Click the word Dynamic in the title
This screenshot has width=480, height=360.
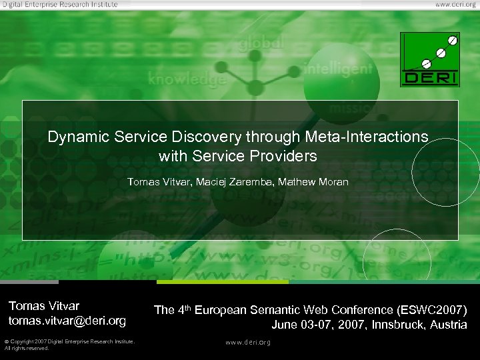73,137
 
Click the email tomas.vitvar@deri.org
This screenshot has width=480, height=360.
67,321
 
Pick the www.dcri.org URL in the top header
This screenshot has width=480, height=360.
455,4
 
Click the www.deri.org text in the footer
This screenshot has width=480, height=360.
248,343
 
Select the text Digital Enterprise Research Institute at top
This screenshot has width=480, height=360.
59,4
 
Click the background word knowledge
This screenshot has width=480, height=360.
187,79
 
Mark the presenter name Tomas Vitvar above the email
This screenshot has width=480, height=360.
44,306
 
